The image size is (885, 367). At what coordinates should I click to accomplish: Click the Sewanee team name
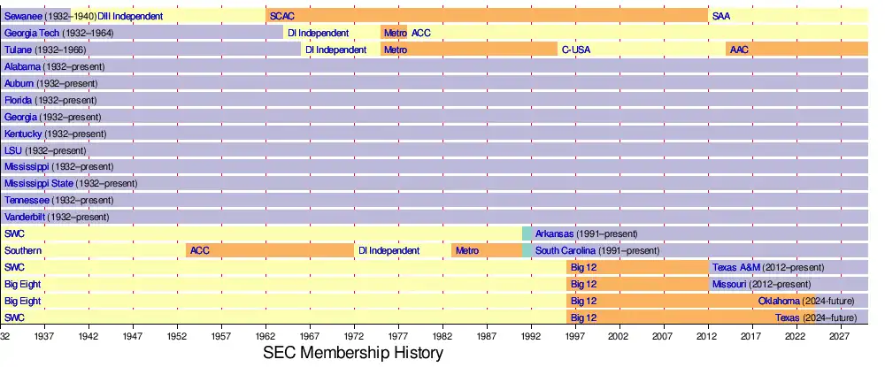(x=22, y=16)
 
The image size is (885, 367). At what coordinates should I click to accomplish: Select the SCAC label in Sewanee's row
(x=282, y=16)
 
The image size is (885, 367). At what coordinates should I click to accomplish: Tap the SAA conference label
(x=720, y=16)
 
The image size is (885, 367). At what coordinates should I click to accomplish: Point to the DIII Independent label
(x=130, y=16)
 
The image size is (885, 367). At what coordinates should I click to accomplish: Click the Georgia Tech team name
(x=31, y=33)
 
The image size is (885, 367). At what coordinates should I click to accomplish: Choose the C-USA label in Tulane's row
(x=575, y=50)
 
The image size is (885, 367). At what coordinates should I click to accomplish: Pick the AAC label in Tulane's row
(x=739, y=50)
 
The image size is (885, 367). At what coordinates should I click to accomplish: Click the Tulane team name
(x=19, y=50)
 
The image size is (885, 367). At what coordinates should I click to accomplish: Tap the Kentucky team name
(x=23, y=134)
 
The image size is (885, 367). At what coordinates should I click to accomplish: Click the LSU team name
(x=13, y=150)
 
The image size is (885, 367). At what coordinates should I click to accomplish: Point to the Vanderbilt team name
(x=25, y=217)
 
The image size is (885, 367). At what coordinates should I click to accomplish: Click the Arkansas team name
(x=554, y=233)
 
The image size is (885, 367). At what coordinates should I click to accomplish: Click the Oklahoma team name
(x=779, y=301)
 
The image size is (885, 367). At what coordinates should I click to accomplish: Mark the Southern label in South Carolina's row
(x=23, y=250)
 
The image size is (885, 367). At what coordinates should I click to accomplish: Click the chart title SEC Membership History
(x=353, y=352)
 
